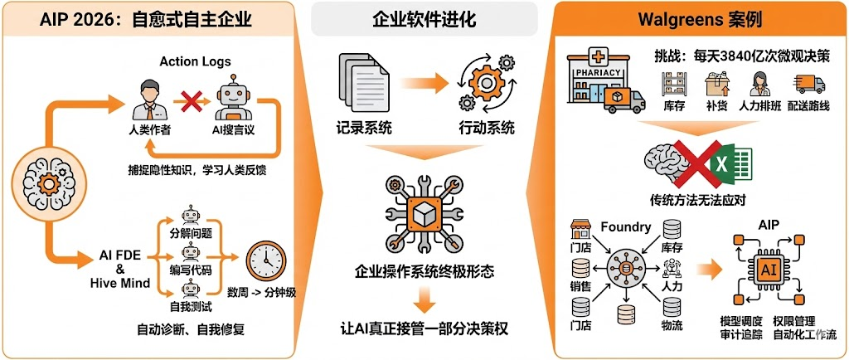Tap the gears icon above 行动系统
(481, 84)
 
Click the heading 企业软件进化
(424, 18)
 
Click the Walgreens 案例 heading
(700, 18)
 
